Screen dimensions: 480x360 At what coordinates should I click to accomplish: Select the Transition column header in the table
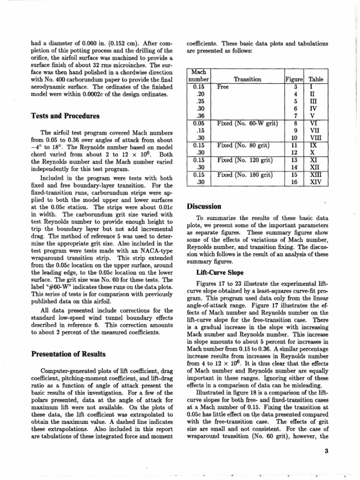[247, 80]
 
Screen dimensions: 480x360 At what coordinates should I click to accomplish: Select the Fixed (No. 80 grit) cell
[244, 145]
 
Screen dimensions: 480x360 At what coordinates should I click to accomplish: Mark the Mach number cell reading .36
[201, 116]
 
